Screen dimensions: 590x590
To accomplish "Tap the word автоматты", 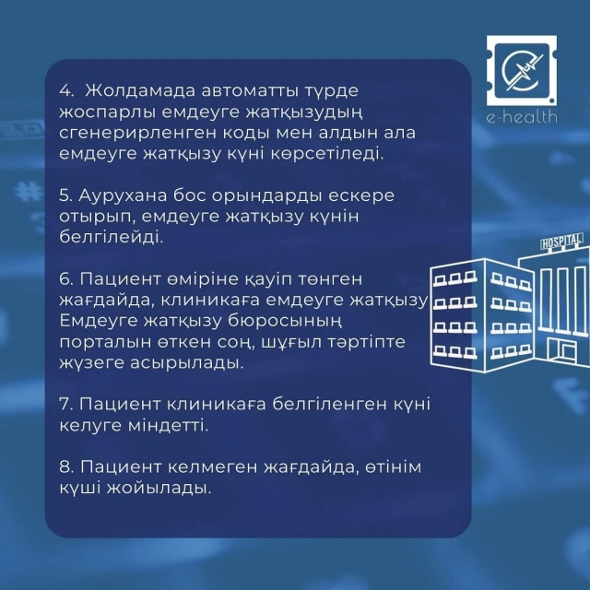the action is pos(252,91).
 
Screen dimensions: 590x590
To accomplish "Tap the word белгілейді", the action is pos(112,238).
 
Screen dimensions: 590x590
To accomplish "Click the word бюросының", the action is pos(285,322).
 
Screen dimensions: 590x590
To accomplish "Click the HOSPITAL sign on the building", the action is pos(561,242).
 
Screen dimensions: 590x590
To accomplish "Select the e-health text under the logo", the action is pos(522,117).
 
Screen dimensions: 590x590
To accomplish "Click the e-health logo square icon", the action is pos(522,71).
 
